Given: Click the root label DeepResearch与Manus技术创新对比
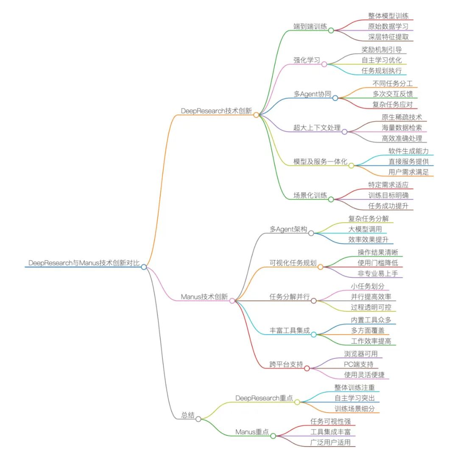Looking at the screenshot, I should point(84,263).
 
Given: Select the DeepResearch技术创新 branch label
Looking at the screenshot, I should point(216,111).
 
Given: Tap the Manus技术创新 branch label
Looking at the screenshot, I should point(204,296).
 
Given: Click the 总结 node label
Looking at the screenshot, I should point(188,415).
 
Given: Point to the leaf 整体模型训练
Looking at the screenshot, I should point(388,15).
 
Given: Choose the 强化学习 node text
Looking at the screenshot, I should point(307,60).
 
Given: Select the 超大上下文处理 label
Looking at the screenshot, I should point(317,128).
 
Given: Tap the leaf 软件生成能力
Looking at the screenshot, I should point(408,151).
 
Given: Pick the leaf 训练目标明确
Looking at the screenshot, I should point(388,195).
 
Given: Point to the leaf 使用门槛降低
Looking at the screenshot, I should point(378,263).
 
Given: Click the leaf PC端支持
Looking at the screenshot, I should point(359,364).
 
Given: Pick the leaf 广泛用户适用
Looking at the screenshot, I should point(330,443).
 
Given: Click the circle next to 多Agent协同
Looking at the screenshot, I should point(335,98).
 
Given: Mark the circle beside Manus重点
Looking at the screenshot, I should point(273,436).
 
